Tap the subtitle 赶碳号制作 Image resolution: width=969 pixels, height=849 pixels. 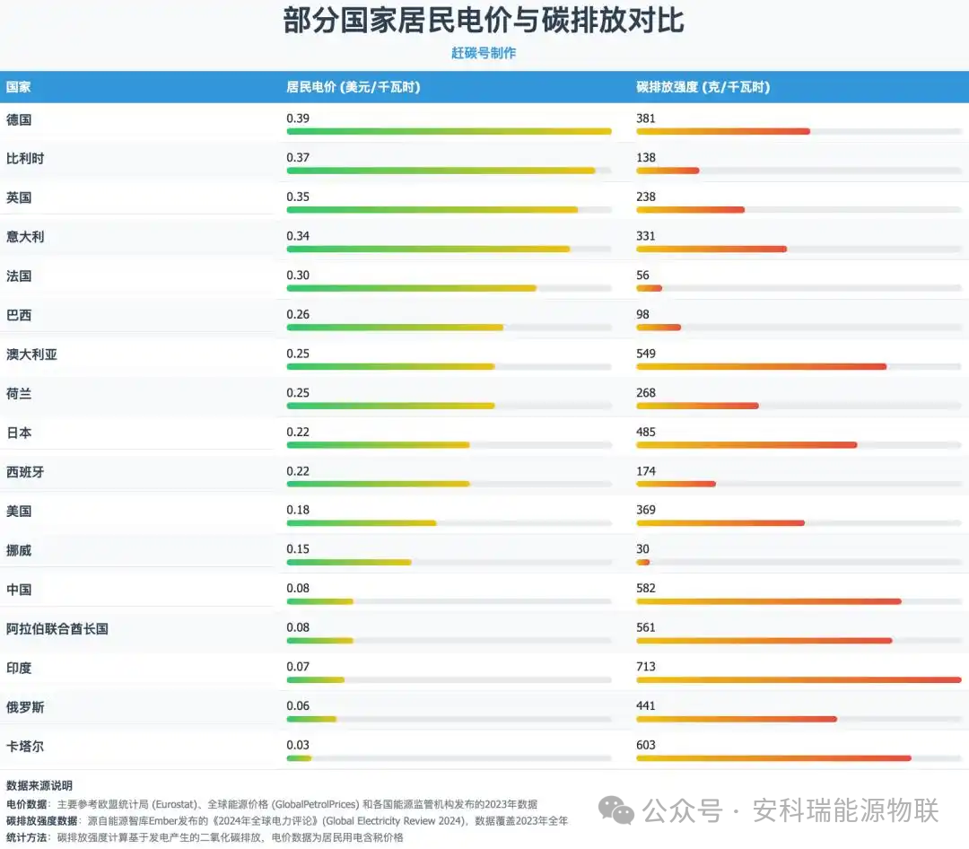(x=484, y=53)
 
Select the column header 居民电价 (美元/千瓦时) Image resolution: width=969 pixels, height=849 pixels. (x=354, y=87)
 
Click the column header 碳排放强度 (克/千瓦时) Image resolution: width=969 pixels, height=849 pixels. (x=703, y=87)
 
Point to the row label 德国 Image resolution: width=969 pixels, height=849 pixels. (x=19, y=119)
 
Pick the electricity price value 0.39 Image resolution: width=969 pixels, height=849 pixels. (x=298, y=118)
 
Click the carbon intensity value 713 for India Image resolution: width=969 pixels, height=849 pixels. (x=646, y=667)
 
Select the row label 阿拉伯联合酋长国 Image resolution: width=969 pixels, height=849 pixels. (x=57, y=629)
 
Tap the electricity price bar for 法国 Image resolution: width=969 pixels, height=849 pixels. (x=411, y=288)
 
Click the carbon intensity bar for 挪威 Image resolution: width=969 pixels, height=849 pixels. (x=642, y=563)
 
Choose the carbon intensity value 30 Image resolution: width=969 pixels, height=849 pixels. (x=642, y=549)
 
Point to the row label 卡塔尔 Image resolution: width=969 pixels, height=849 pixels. (x=25, y=747)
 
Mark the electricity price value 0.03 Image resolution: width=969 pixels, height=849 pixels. (x=298, y=745)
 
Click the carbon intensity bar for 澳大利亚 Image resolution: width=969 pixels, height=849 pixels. (x=761, y=366)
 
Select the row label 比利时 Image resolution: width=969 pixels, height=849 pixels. (x=25, y=159)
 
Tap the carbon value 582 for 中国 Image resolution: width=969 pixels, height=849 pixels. (x=646, y=589)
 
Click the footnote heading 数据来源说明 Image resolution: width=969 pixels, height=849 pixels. (x=39, y=785)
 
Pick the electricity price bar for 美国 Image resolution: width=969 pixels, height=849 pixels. (x=361, y=523)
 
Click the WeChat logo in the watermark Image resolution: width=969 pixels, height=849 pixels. (x=616, y=812)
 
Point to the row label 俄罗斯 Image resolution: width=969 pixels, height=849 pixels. (x=25, y=707)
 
